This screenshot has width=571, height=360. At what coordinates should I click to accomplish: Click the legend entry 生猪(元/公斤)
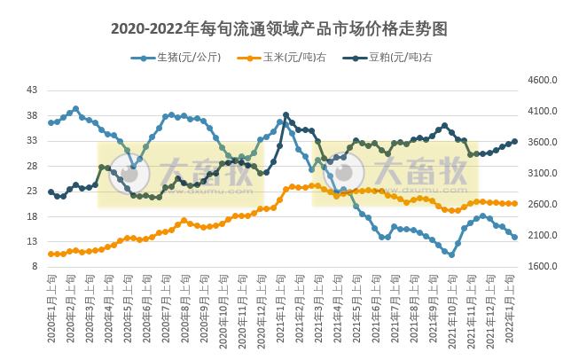[188, 58]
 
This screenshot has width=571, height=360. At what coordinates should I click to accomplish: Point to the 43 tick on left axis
[33, 90]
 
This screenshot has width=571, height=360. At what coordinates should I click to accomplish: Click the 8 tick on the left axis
[35, 267]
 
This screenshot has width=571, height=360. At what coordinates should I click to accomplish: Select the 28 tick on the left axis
[33, 166]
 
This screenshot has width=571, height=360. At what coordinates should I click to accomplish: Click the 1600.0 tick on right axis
[541, 267]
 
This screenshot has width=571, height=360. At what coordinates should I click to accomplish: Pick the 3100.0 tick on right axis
[541, 174]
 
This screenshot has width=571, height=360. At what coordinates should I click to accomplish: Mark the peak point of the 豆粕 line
[285, 115]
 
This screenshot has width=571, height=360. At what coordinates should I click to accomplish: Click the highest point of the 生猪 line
[75, 108]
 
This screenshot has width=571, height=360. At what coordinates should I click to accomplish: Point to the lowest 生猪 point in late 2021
[451, 254]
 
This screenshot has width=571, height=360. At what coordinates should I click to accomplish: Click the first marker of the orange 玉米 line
[51, 254]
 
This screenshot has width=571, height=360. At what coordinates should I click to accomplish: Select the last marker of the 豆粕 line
[514, 141]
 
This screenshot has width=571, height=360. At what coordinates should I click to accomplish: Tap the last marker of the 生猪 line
[514, 237]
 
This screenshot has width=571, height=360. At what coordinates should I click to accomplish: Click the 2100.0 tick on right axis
[541, 236]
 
